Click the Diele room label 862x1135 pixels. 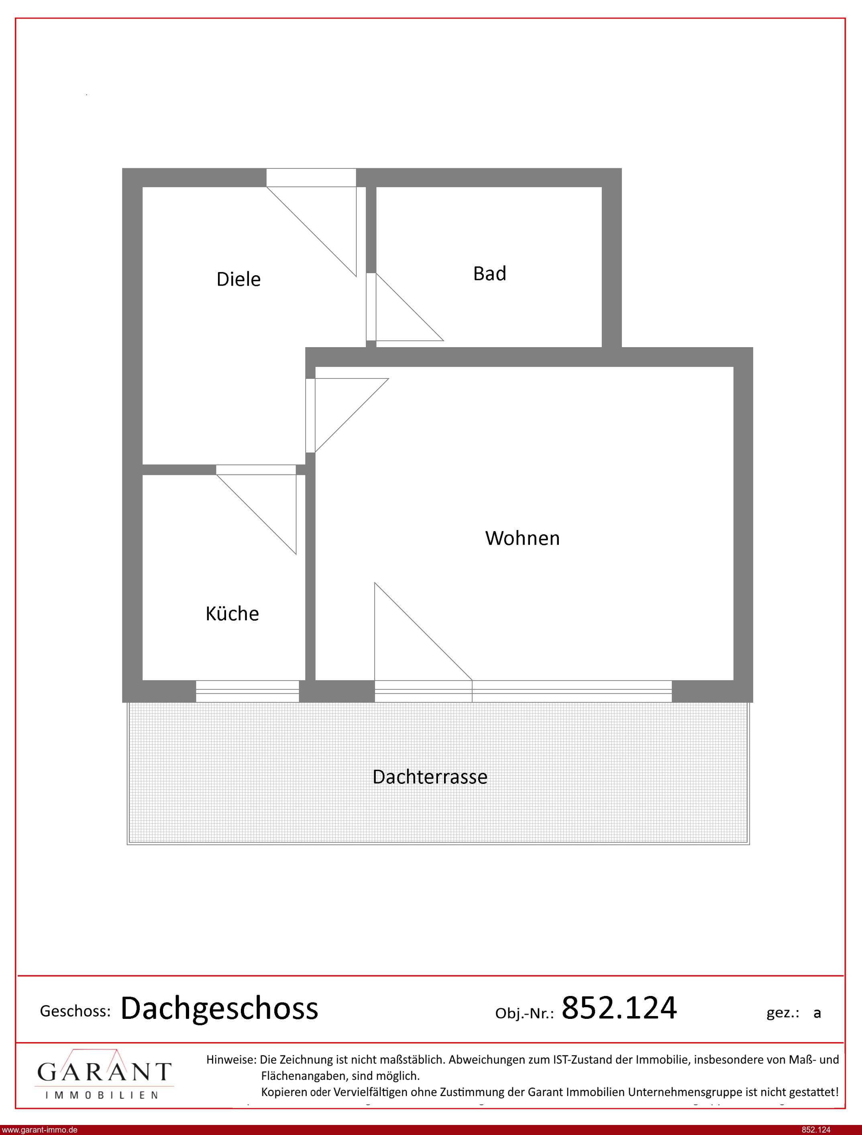(x=238, y=279)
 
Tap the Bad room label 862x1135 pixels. (x=489, y=274)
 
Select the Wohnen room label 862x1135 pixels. (x=522, y=538)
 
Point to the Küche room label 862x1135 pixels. (x=232, y=613)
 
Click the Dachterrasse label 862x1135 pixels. (x=430, y=777)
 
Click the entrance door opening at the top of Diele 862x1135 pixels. (x=311, y=178)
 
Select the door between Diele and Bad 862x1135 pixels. (x=371, y=307)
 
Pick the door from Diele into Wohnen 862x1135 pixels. (x=310, y=415)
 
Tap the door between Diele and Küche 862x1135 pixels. (x=256, y=470)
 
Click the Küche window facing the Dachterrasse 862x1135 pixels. (x=247, y=691)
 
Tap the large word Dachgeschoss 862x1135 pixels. (x=219, y=1009)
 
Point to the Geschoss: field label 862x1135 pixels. (x=75, y=1011)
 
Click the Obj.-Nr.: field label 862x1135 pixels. (x=524, y=1013)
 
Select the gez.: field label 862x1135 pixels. (x=783, y=1013)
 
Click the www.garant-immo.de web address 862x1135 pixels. (x=39, y=1130)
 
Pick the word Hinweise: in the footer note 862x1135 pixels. (x=231, y=1059)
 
